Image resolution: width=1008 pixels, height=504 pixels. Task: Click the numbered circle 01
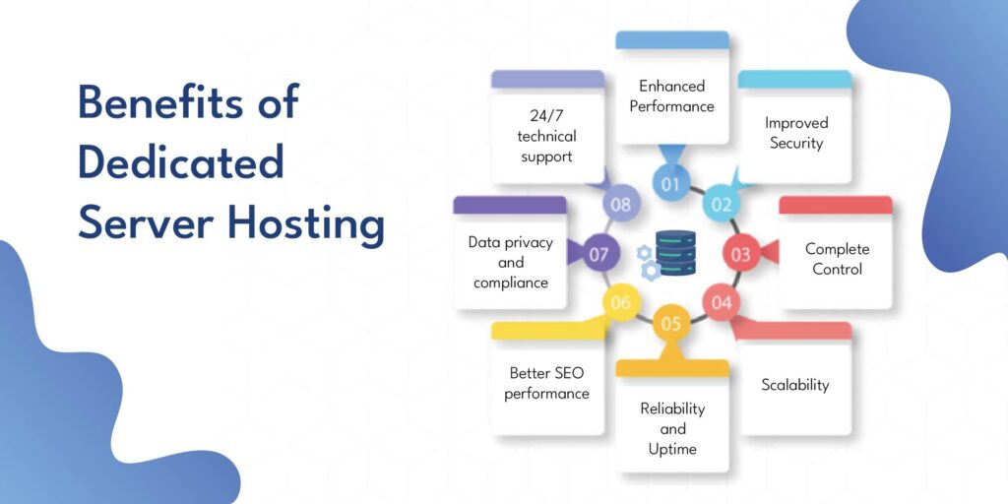[670, 184]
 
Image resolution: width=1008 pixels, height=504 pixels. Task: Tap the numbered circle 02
[722, 205]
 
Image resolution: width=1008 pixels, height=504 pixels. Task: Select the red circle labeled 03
[740, 255]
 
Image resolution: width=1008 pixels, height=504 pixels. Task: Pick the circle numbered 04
[722, 303]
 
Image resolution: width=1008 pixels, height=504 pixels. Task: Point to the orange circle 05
[670, 323]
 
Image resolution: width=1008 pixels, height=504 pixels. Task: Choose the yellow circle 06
[620, 302]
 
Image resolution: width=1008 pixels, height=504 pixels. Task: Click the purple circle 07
[599, 255]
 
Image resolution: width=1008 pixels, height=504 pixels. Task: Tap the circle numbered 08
[620, 205]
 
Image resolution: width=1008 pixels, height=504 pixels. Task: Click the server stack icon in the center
[675, 253]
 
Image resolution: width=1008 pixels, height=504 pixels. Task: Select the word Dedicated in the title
[181, 161]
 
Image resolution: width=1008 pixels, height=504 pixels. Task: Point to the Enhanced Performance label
[671, 95]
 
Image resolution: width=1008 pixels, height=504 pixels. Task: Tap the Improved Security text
[795, 133]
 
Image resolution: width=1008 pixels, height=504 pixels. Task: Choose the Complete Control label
[837, 259]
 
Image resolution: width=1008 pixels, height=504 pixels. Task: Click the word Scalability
[795, 385]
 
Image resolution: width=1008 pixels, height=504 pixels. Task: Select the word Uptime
[671, 449]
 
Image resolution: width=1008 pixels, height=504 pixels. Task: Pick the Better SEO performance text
[546, 383]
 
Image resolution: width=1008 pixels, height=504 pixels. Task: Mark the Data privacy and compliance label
[511, 262]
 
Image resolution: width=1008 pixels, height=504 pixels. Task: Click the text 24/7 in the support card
[546, 116]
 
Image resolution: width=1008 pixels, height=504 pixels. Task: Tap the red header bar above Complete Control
[836, 205]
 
